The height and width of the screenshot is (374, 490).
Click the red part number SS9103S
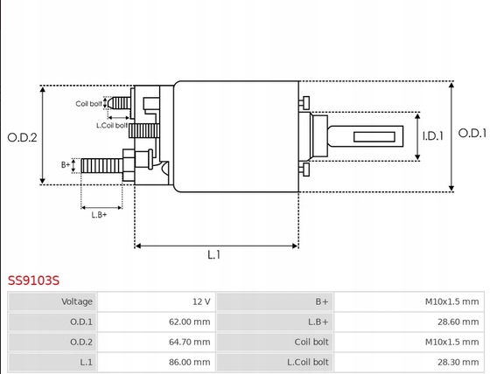33,280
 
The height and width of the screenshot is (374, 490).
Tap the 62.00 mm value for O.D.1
189,322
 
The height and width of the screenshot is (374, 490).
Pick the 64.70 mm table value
189,342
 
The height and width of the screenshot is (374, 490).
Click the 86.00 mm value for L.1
189,362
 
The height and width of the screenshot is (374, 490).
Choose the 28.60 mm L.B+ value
458,322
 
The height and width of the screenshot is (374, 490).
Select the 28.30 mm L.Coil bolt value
458,362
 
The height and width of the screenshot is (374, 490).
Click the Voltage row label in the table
77,301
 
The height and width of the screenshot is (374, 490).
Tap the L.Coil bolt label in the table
308,362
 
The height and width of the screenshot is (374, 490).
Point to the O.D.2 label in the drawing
22,137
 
